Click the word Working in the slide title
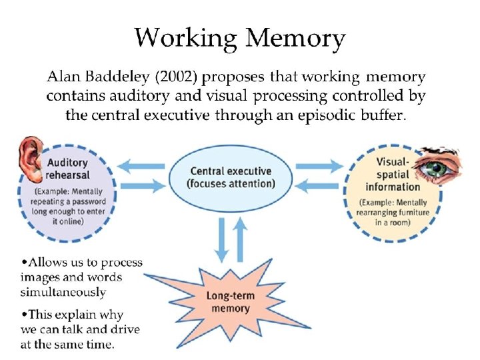coord(185,39)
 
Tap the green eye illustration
coord(437,167)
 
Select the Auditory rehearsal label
coord(67,169)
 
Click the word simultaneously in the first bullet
coord(63,293)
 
